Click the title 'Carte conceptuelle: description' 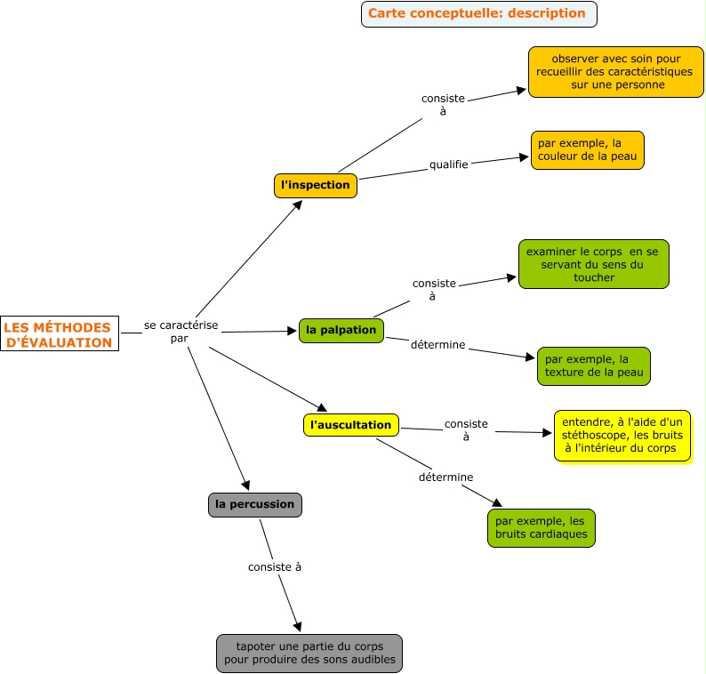[478, 13]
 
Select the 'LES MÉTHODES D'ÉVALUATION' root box [59, 334]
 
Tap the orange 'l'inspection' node [315, 185]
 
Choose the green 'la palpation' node [341, 330]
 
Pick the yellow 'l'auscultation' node [350, 425]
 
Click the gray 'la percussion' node [254, 504]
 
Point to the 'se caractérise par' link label [181, 331]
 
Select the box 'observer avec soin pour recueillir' [615, 72]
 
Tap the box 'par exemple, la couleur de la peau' [588, 150]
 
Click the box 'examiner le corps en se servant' [593, 264]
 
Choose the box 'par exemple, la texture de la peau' [593, 365]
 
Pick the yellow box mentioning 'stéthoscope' [622, 436]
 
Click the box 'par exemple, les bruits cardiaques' [541, 527]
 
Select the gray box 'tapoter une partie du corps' [309, 653]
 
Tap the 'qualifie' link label [448, 164]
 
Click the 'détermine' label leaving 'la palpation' [437, 344]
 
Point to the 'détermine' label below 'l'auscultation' [445, 477]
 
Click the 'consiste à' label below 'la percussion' [274, 566]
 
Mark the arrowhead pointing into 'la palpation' [292, 331]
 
